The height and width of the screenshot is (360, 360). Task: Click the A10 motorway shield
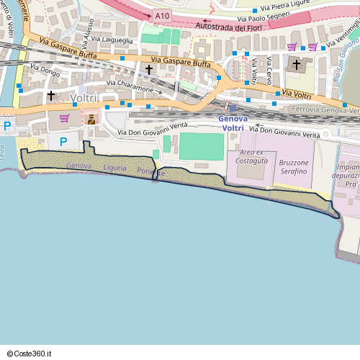(163, 14)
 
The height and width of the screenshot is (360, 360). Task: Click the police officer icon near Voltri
(91, 119)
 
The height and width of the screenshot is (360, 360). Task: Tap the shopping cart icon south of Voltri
(64, 118)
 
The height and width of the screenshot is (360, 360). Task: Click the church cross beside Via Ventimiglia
(296, 65)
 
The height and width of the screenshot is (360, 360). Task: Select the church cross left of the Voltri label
(51, 95)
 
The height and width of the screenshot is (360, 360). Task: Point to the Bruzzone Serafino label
(292, 168)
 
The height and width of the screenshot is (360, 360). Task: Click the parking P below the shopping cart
(63, 142)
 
